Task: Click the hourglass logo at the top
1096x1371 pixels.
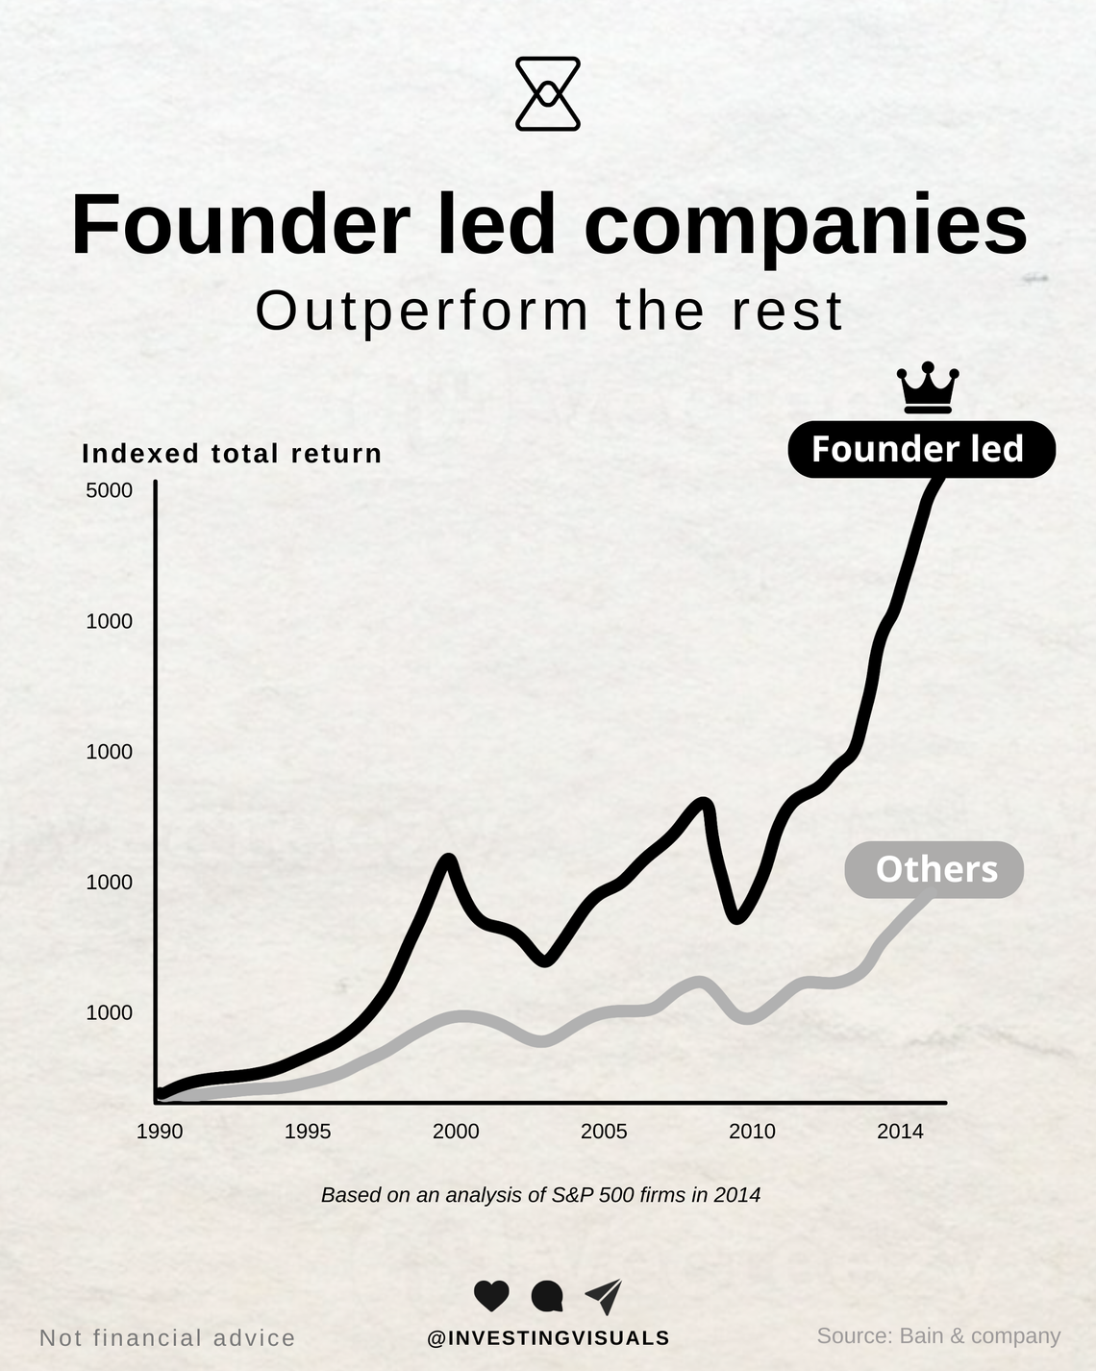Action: [548, 93]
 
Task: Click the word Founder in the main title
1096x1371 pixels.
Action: [240, 226]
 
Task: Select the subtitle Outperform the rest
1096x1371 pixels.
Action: [549, 311]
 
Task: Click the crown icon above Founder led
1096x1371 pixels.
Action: [928, 387]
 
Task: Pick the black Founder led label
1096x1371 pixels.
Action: [921, 449]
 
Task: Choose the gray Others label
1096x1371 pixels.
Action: [934, 869]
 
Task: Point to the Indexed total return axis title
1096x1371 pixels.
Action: [232, 454]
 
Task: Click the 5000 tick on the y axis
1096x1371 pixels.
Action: [109, 490]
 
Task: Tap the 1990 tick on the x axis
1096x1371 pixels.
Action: [160, 1132]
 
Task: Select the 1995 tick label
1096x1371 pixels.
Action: [308, 1132]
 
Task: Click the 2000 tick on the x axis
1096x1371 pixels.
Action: [456, 1132]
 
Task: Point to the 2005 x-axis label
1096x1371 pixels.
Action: [604, 1132]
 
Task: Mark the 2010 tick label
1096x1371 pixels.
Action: [752, 1132]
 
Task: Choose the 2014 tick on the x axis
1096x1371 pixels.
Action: [900, 1132]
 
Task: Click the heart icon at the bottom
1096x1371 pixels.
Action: [491, 1296]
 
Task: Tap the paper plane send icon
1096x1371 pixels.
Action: [604, 1296]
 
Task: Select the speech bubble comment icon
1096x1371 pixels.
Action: [547, 1296]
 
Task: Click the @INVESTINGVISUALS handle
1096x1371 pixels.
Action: [548, 1337]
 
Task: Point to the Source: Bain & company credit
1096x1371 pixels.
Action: [938, 1335]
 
